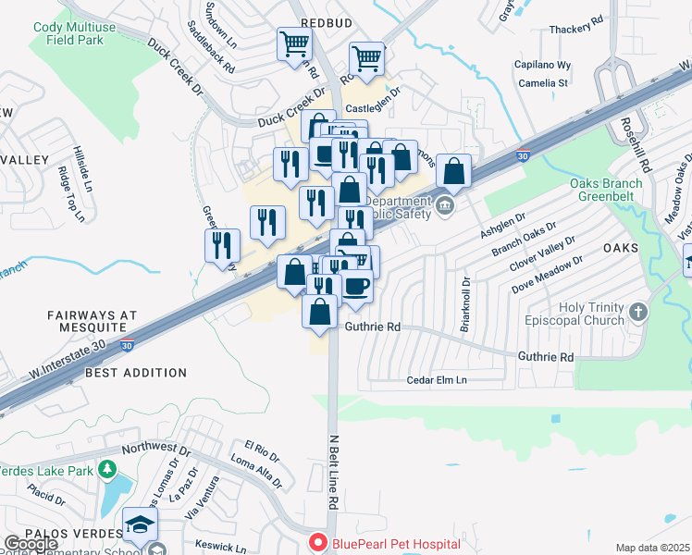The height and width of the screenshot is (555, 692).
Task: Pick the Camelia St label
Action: click(x=543, y=82)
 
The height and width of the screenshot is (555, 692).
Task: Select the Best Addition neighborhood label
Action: click(x=135, y=373)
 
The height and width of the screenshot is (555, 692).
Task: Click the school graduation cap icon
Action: click(x=140, y=526)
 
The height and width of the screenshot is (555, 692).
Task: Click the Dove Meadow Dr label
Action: click(x=547, y=274)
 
